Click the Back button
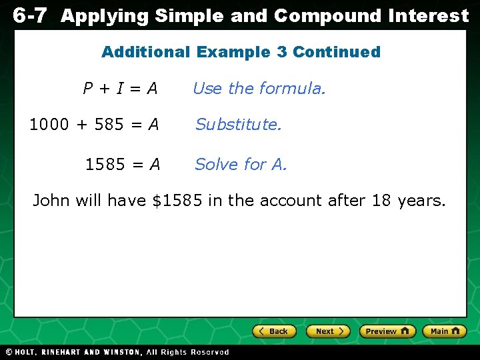273,331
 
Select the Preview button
387,331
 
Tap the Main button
445,331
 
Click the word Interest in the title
429,15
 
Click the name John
52,200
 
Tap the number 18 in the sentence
381,200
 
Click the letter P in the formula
87,88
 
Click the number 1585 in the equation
105,164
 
